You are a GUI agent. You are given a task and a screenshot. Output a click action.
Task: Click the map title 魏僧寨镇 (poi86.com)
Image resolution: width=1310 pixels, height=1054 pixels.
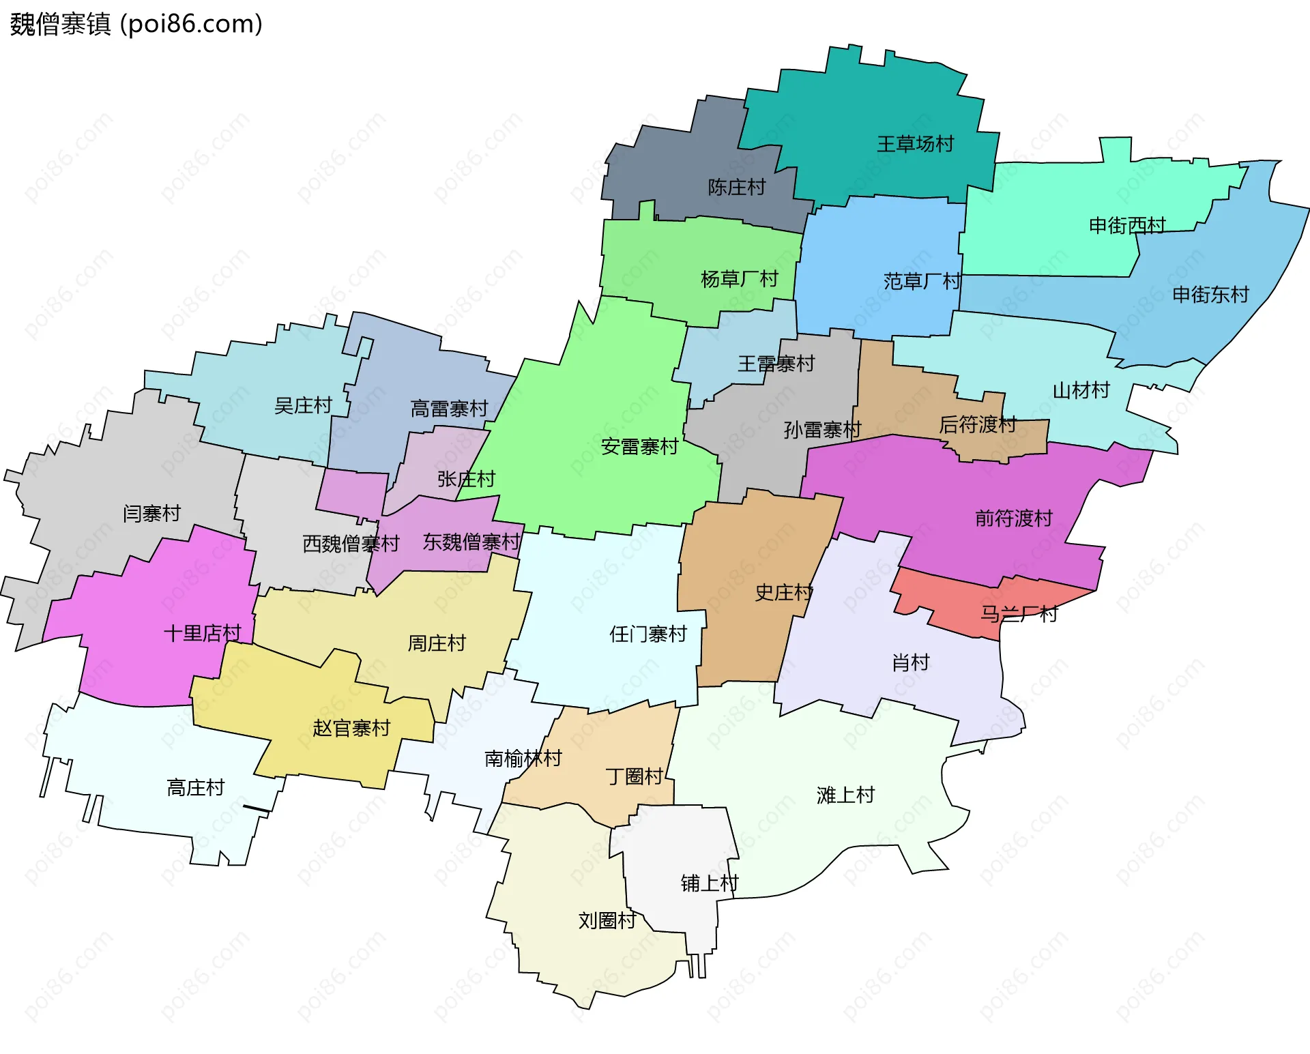point(136,24)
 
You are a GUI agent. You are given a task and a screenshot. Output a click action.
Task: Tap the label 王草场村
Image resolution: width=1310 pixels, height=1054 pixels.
point(915,144)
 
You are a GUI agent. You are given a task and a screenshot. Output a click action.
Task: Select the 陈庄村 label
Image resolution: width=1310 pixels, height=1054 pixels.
point(736,187)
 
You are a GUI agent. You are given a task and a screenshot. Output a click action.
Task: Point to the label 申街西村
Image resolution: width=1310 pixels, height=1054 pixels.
point(1127,225)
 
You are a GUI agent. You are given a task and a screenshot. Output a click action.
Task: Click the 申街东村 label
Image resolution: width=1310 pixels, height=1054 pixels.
point(1210,295)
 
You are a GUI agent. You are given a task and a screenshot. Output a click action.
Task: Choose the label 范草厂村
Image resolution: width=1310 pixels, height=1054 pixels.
point(922,281)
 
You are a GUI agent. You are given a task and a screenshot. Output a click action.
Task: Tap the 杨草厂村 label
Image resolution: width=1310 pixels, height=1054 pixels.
point(739,279)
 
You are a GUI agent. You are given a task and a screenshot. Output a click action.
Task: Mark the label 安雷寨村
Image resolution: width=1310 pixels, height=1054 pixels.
point(639,447)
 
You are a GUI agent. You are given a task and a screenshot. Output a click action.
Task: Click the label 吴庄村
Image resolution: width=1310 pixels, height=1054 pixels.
point(302,406)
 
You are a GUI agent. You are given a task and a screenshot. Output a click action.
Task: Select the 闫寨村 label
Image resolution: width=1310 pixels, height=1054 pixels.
point(151,513)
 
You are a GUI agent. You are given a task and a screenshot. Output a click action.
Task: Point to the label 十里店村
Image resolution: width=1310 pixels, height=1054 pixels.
point(203,633)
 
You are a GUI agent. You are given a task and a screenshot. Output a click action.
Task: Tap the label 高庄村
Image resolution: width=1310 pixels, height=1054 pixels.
point(196,788)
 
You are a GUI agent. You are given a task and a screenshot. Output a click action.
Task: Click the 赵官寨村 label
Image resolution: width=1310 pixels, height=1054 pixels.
point(351,728)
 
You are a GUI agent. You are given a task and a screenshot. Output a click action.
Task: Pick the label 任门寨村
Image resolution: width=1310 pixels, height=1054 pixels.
point(647,634)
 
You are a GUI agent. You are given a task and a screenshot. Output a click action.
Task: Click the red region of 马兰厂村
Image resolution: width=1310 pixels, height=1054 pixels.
point(955,600)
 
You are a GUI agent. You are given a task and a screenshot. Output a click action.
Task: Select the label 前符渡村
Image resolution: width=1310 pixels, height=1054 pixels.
point(1013,518)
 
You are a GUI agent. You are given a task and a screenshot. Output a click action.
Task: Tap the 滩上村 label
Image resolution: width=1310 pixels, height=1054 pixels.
point(845,795)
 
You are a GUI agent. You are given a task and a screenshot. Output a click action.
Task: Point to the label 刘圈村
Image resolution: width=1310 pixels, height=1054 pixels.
point(607,920)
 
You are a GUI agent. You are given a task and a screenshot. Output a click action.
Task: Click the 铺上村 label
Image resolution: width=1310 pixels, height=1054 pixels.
point(709,883)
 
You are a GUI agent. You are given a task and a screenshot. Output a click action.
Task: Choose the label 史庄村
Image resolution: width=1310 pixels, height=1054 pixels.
point(783,592)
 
